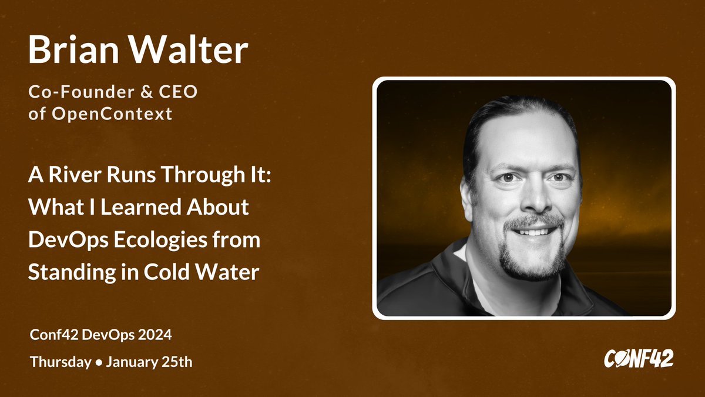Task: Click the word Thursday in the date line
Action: pyautogui.click(x=58, y=362)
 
